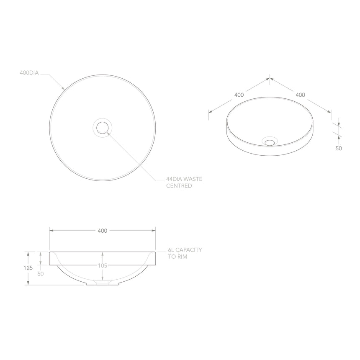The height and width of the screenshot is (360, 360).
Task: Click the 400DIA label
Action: tap(29, 73)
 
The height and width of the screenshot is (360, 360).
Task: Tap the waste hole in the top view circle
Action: tap(102, 127)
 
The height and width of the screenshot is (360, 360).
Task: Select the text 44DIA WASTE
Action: tap(184, 179)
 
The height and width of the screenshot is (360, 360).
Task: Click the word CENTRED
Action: tap(179, 185)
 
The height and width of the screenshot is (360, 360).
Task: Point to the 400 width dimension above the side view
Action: tap(102, 231)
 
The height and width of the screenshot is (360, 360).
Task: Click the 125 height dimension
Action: tap(28, 268)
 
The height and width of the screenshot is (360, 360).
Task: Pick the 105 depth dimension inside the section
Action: tap(103, 265)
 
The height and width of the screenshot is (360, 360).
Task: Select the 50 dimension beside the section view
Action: tap(41, 273)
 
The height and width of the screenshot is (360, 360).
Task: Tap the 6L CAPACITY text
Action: tap(185, 250)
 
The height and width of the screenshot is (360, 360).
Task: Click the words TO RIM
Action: tap(177, 257)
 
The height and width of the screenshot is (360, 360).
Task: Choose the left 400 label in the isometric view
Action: tap(239, 95)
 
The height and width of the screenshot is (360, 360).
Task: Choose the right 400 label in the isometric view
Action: tap(300, 95)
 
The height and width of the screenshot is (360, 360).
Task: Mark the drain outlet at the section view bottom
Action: tap(103, 283)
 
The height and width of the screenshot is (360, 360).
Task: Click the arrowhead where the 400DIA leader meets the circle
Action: tap(64, 89)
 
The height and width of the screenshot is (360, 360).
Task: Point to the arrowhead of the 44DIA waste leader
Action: tap(109, 133)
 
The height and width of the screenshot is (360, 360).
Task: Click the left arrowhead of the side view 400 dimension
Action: tap(51, 231)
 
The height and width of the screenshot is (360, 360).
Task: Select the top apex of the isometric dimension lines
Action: tap(270, 78)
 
